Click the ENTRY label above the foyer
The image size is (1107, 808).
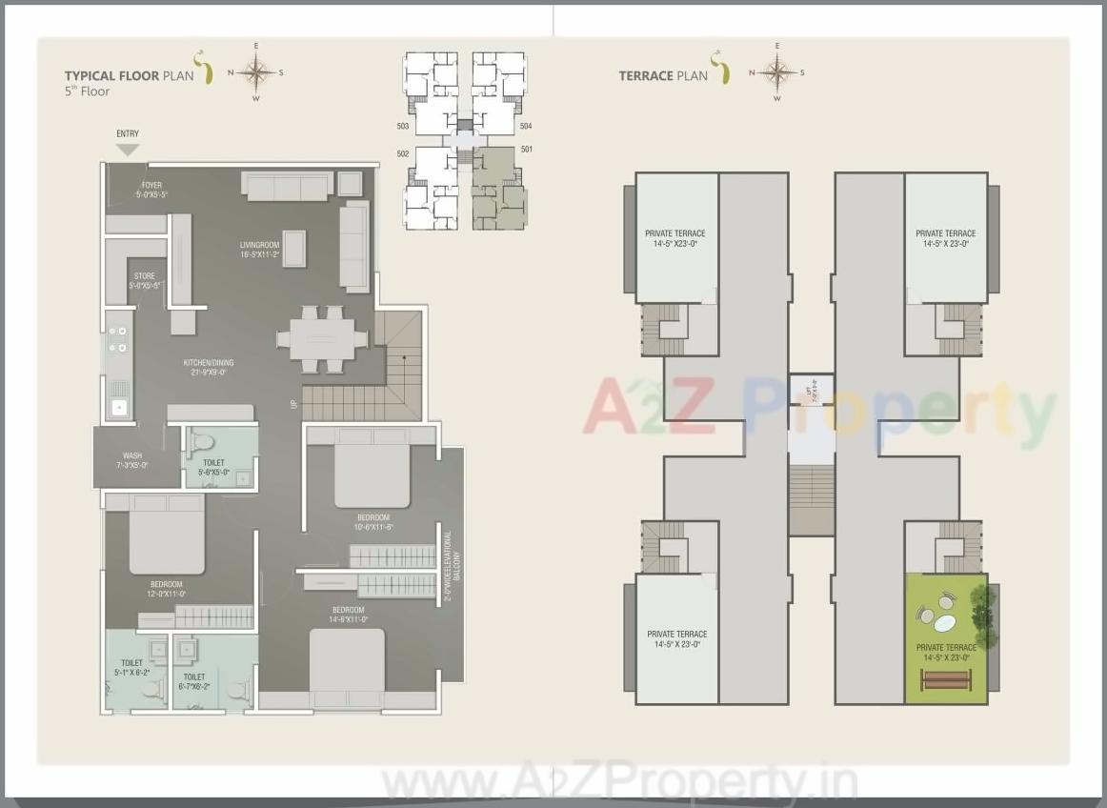click(128, 133)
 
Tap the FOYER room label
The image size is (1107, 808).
click(151, 185)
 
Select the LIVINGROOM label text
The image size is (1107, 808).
click(259, 246)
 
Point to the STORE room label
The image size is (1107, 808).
click(145, 276)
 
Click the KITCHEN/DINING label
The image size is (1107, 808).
click(209, 363)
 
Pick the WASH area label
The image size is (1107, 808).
click(132, 456)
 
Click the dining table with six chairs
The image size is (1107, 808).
click(322, 338)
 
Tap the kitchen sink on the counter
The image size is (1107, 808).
click(119, 407)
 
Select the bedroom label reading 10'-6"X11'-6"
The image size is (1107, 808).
click(374, 519)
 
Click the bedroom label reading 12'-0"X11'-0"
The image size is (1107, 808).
click(166, 585)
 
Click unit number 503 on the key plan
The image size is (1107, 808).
click(402, 126)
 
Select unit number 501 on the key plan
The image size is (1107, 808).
click(526, 150)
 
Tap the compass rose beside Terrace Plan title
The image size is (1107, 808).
click(778, 72)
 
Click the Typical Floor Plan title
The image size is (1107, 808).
click(130, 75)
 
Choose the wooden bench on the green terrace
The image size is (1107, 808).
click(946, 679)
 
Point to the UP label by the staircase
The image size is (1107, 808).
click(293, 405)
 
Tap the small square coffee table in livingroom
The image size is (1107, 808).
click(293, 248)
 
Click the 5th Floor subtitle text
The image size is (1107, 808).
click(87, 91)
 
